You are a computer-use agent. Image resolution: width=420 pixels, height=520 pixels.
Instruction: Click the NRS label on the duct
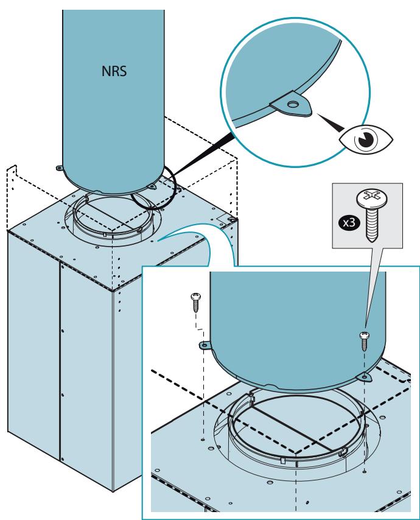[x=114, y=71]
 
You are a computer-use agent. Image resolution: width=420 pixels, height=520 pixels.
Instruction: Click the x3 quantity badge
[x=349, y=222]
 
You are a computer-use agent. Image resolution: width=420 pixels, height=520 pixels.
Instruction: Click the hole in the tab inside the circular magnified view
[x=292, y=105]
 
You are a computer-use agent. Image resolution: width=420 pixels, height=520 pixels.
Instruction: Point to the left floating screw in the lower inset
[x=196, y=303]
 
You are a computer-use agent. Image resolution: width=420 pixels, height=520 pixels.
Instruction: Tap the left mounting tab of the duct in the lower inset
[x=205, y=346]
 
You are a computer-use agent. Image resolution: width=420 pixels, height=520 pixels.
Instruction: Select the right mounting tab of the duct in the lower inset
[x=365, y=377]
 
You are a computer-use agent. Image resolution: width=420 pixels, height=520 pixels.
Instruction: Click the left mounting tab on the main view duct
[x=60, y=168]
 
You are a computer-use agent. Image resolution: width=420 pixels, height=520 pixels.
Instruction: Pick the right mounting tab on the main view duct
[x=151, y=187]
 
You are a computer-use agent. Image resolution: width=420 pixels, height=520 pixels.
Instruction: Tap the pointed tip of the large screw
[x=371, y=241]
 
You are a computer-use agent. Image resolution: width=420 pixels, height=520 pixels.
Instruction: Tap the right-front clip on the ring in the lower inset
[x=343, y=452]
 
